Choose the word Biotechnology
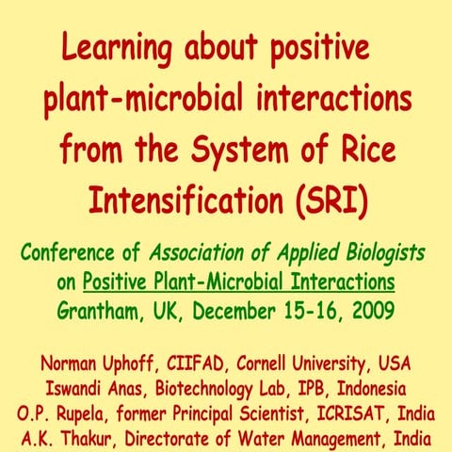(x=206, y=388)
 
